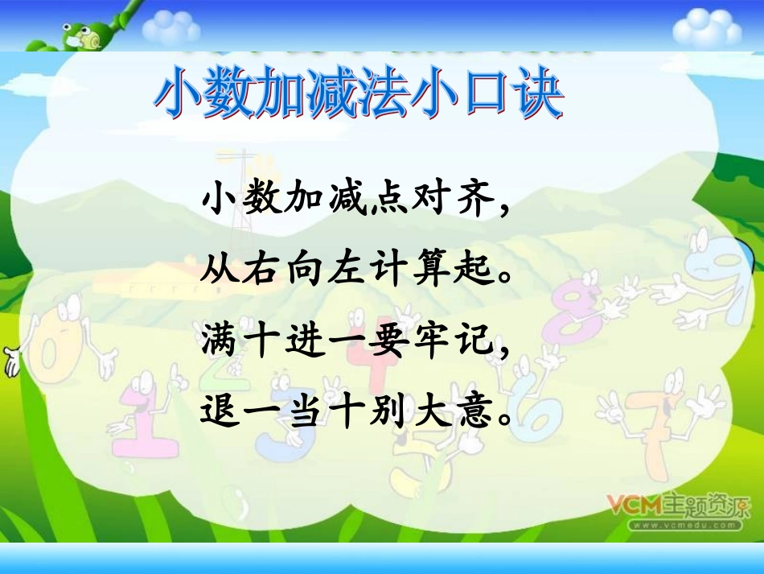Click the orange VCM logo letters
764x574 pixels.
pos(634,506)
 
